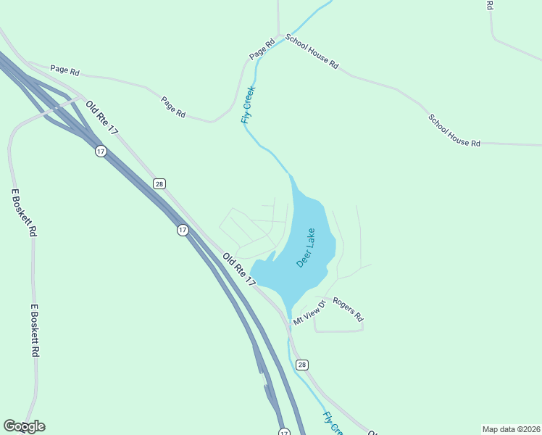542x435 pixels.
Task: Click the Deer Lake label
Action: (306, 248)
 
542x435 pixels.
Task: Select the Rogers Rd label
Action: (348, 310)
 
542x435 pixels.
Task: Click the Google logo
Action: (24, 426)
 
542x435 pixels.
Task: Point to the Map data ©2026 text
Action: (511, 429)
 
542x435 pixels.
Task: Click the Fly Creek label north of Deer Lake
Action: (249, 104)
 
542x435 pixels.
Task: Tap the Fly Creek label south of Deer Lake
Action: (333, 423)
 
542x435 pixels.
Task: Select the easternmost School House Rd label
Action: (454, 130)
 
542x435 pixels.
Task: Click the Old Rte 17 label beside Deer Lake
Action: (240, 269)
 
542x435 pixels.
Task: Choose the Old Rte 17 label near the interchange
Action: (101, 116)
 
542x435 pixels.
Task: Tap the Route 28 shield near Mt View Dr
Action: (302, 364)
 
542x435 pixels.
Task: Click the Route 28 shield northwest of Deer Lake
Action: (159, 183)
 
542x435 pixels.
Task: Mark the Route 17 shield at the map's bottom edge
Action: (283, 431)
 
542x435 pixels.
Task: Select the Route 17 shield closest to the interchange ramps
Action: (100, 151)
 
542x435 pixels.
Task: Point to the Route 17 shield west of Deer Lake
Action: (183, 230)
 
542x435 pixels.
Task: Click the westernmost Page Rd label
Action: (64, 70)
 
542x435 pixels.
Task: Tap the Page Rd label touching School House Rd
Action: (262, 49)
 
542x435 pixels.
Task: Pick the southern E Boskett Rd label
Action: (34, 330)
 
